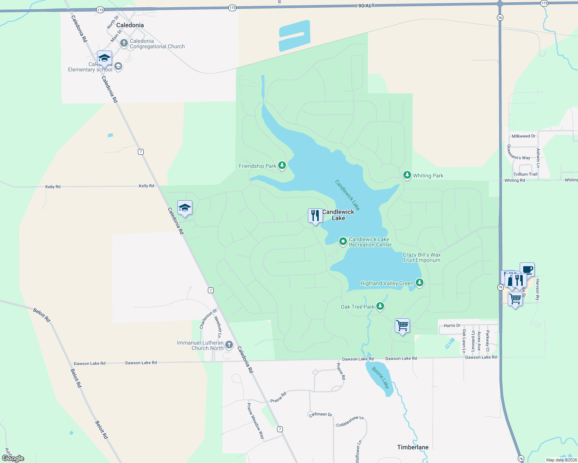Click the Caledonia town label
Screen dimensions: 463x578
coord(130,25)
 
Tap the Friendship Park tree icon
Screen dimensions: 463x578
coord(282,166)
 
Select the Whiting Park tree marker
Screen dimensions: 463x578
coord(407,175)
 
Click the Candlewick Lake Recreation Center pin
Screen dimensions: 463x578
coord(343,242)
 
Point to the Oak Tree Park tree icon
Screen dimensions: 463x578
coord(380,306)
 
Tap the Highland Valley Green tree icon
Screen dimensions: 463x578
coord(419,283)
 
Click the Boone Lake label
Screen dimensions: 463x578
coord(380,377)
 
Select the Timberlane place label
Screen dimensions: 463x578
coord(413,447)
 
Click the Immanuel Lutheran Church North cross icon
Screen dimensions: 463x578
coord(229,345)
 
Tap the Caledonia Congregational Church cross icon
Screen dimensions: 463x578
coord(124,43)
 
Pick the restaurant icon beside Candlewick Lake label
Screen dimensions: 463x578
coord(315,216)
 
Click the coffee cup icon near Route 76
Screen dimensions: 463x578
coord(527,269)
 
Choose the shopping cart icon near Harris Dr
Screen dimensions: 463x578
coord(402,326)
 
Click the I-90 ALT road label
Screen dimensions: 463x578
coord(365,6)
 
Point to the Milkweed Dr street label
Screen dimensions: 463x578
coord(524,136)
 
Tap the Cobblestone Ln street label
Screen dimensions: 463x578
coord(350,421)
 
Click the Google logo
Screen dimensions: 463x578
coord(13,458)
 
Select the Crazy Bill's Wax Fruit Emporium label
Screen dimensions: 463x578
coord(422,257)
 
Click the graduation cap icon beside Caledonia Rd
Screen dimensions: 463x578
coord(185,208)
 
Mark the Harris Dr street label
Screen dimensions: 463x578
coord(452,326)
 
